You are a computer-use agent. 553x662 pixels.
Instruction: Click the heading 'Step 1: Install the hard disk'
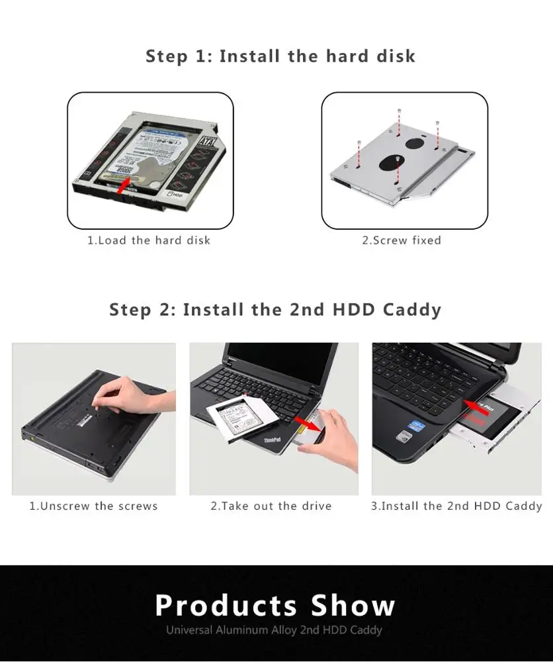(280, 56)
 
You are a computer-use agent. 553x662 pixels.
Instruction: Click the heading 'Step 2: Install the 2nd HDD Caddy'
(275, 309)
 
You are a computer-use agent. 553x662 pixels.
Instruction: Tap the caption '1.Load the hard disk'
(149, 240)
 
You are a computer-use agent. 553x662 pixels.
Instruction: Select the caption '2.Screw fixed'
(401, 240)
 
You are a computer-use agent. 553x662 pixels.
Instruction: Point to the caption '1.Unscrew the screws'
(93, 506)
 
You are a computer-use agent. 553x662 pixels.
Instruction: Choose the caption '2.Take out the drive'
(271, 506)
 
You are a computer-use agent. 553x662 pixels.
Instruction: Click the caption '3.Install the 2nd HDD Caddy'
(456, 506)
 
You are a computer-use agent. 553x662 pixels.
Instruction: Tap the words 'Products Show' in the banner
(275, 605)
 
